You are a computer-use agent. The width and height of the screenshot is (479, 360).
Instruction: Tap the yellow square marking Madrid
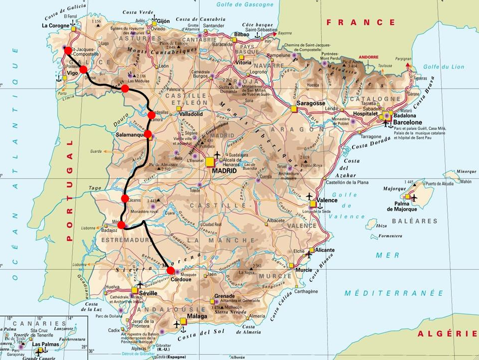(210, 162)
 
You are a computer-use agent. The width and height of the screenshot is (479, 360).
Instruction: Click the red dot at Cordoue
(171, 271)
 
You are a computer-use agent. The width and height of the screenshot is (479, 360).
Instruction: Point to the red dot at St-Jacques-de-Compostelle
(67, 50)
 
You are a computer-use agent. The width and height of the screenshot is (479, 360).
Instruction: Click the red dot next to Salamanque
(148, 134)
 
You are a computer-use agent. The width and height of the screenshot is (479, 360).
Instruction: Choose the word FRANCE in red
(361, 23)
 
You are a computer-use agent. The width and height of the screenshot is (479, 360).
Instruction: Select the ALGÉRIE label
(447, 333)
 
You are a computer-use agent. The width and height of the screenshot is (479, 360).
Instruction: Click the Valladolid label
(191, 114)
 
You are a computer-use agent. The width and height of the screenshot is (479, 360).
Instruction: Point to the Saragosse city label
(310, 103)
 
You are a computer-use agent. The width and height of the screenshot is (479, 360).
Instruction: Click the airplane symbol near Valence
(309, 196)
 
